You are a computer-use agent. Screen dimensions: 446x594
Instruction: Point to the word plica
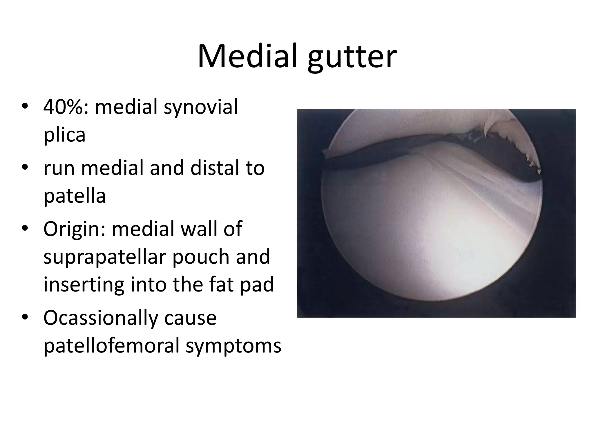[x=64, y=135]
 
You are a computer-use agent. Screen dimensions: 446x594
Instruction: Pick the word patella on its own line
[x=75, y=196]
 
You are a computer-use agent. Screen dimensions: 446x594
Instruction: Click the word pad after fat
[x=257, y=285]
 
